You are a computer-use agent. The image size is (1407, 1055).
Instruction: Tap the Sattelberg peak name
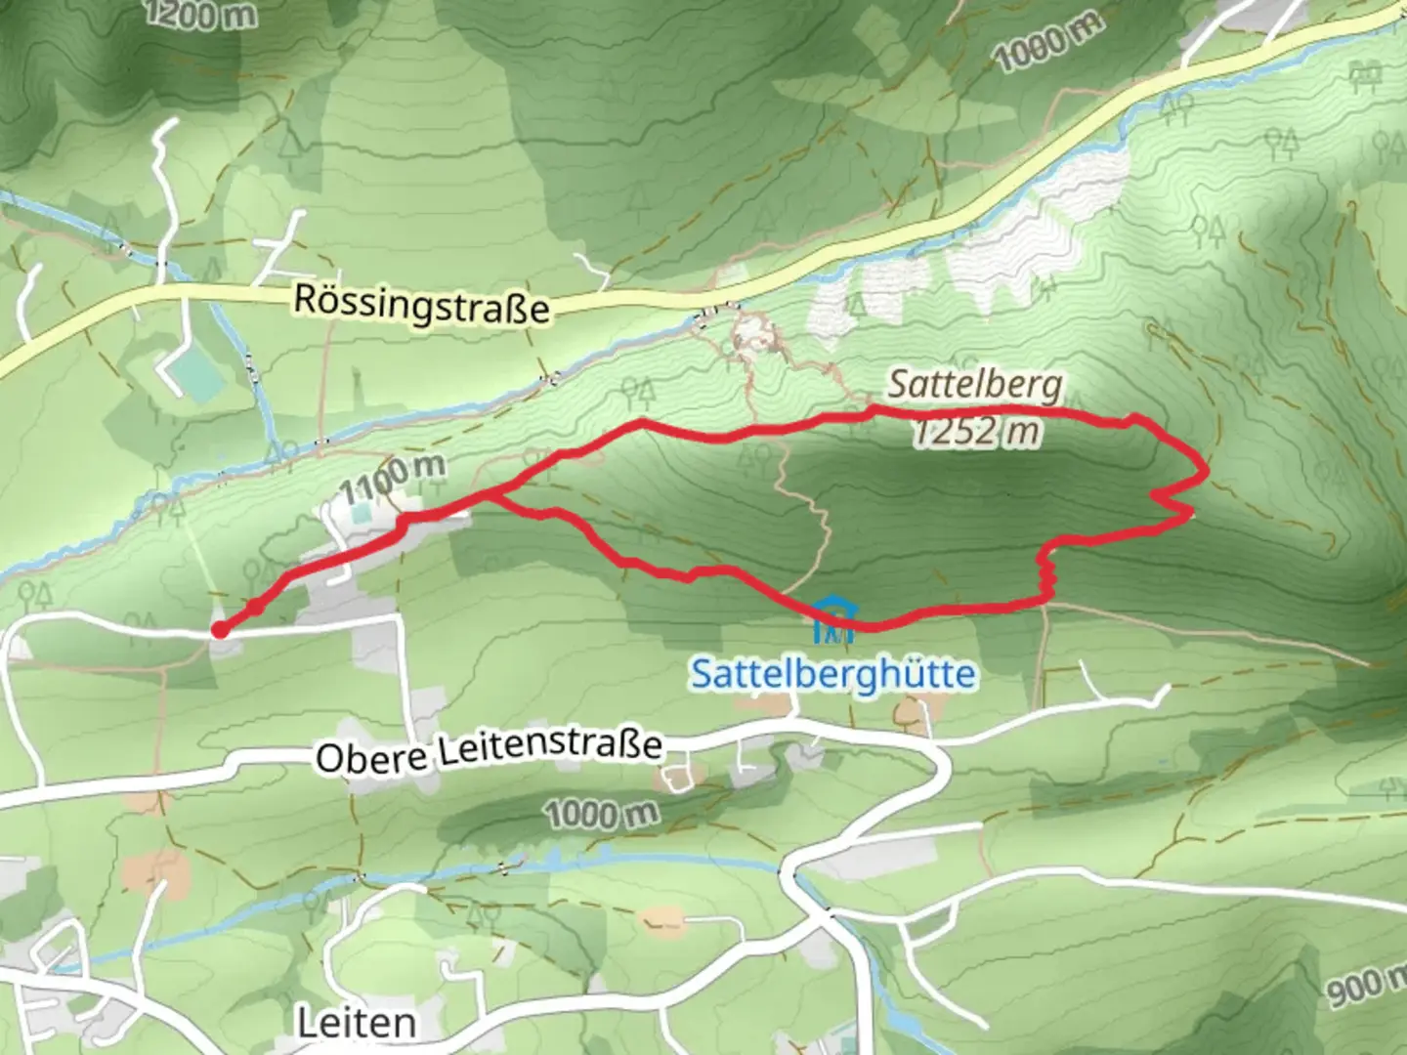point(974,384)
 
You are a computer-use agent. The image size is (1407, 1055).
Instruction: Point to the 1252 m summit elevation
point(976,431)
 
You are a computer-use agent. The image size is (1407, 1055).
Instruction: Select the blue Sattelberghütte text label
point(832,674)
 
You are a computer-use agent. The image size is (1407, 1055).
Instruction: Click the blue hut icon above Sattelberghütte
point(832,620)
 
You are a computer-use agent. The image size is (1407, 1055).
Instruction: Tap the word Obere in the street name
point(371,758)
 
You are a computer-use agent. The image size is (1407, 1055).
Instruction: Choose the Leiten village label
point(356,1023)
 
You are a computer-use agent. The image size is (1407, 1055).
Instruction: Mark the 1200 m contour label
point(200,14)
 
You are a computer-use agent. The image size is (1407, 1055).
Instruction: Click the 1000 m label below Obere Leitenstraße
point(601,813)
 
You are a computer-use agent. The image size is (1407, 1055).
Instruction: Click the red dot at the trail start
point(221,630)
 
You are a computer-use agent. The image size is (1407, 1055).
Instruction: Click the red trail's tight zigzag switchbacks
point(1046,576)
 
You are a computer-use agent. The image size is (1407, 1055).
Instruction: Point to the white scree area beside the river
point(1016,234)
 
